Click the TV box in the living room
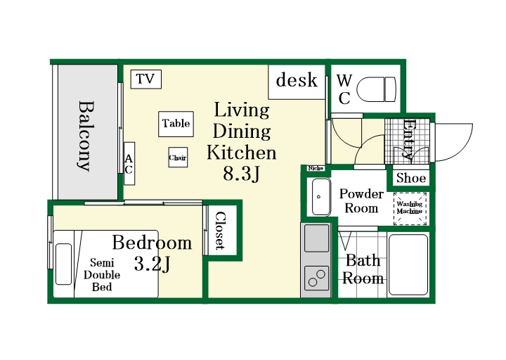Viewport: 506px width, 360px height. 146,79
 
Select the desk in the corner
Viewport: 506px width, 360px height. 297,82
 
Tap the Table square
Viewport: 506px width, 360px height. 176,124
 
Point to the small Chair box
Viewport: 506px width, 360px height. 178,157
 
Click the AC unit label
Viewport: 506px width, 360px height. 129,163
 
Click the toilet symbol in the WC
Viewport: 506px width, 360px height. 377,89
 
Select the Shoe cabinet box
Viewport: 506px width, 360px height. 411,178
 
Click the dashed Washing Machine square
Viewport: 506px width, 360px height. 410,208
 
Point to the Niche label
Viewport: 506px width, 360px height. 316,168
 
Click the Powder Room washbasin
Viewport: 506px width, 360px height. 321,197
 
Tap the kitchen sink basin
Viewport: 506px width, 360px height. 316,238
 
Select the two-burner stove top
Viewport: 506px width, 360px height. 316,278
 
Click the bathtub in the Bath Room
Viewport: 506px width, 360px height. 408,265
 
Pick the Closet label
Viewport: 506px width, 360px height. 221,230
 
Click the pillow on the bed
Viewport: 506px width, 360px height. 63,264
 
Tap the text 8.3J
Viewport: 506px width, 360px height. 241,174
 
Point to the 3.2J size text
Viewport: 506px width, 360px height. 152,264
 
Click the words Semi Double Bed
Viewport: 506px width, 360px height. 102,275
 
